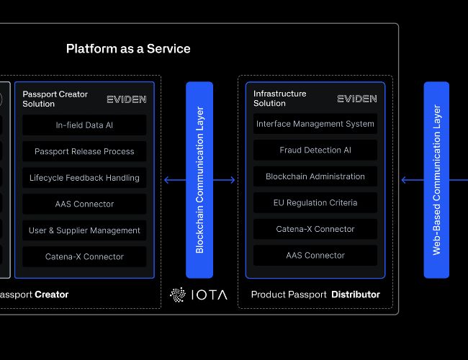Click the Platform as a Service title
(x=128, y=49)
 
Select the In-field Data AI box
(x=84, y=125)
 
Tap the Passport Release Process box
(x=84, y=151)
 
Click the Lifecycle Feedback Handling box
(x=84, y=178)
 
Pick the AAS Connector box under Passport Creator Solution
(x=84, y=204)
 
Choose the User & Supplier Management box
(x=84, y=230)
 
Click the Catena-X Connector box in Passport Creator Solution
(x=84, y=256)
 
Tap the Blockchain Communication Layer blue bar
(x=199, y=180)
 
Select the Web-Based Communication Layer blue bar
(x=436, y=180)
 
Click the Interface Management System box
(x=315, y=124)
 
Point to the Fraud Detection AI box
(x=315, y=150)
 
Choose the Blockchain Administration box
(x=315, y=176)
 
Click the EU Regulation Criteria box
(x=315, y=203)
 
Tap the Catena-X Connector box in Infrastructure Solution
(x=315, y=229)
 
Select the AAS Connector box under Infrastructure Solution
(x=315, y=256)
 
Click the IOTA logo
(x=197, y=294)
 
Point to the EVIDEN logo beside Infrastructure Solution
(x=357, y=99)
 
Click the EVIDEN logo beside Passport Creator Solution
(x=126, y=99)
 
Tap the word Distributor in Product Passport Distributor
(x=356, y=294)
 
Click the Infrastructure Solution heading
(x=279, y=99)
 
